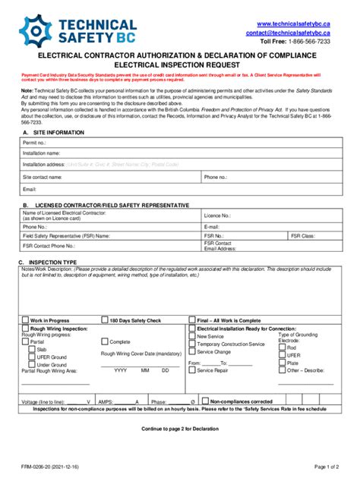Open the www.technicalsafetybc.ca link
[x=293, y=24]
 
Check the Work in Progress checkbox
[x=26, y=320]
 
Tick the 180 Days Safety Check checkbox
[x=105, y=320]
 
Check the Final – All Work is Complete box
[x=193, y=320]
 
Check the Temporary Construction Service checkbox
[x=193, y=344]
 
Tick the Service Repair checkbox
[x=193, y=370]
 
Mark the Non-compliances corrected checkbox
[x=205, y=401]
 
